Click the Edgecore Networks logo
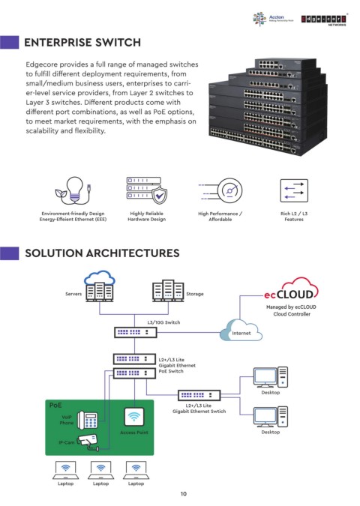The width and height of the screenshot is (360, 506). [x=324, y=20]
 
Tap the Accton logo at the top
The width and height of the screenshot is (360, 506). [x=273, y=19]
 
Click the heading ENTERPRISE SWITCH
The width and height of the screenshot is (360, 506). [x=82, y=42]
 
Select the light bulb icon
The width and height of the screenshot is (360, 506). [x=75, y=190]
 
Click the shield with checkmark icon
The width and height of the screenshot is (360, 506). [x=159, y=195]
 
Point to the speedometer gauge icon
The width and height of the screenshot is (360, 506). [x=229, y=190]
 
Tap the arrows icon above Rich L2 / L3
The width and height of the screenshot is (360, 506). [x=294, y=190]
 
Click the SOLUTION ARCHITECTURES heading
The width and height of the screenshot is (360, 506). [x=102, y=253]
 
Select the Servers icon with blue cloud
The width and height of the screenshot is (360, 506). [x=100, y=286]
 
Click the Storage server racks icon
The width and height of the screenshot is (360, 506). [x=168, y=290]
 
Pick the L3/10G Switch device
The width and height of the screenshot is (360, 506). [x=136, y=332]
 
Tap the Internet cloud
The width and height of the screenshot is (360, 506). [x=241, y=331]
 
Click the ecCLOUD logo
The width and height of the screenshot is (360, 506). [x=291, y=289]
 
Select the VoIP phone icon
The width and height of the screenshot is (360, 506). [x=88, y=420]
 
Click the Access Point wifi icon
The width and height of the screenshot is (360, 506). [x=134, y=417]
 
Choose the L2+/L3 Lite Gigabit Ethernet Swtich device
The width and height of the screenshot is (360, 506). [x=199, y=395]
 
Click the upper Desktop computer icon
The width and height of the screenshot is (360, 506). [x=271, y=377]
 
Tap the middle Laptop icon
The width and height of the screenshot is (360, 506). [x=100, y=471]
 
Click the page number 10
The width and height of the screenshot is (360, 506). [x=184, y=494]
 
